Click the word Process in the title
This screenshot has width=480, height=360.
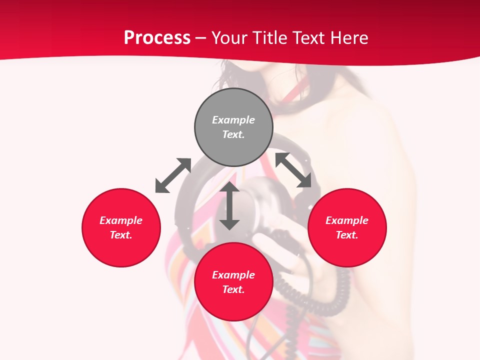[x=157, y=38]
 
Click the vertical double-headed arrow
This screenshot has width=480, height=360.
[x=229, y=206]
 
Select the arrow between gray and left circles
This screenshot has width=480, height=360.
[x=173, y=175]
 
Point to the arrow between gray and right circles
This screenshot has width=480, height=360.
[x=293, y=170]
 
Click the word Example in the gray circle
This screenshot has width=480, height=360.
[x=233, y=120]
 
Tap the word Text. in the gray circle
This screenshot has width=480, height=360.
[x=233, y=134]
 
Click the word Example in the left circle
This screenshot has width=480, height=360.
[x=121, y=220]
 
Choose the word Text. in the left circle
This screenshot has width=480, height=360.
[x=121, y=235]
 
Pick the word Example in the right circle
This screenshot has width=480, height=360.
[x=347, y=220]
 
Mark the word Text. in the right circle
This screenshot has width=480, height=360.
[x=347, y=235]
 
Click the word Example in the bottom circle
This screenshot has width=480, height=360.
[x=233, y=275]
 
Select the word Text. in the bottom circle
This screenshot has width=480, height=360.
[x=233, y=289]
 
